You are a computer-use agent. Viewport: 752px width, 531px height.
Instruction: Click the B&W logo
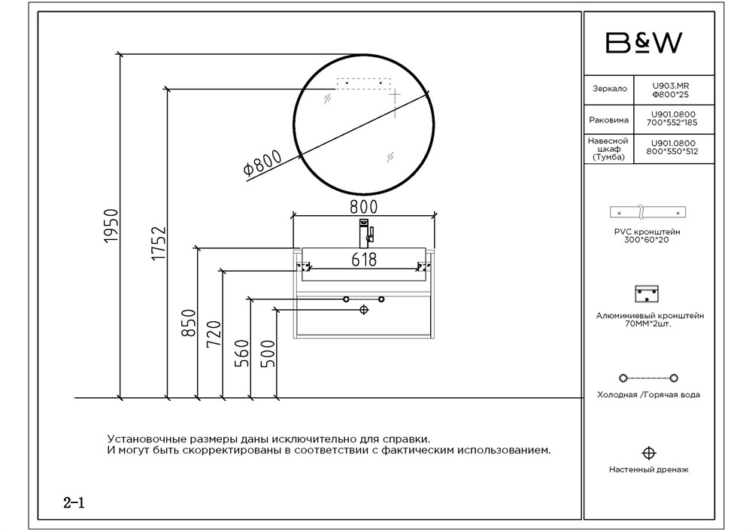[x=644, y=43]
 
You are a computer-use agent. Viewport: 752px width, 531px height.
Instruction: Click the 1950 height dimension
[x=111, y=226]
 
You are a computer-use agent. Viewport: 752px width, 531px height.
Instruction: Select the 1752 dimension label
[x=159, y=243]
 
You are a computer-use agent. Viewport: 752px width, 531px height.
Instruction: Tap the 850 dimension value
[x=189, y=323]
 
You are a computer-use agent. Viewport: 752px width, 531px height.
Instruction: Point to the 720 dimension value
[x=214, y=333]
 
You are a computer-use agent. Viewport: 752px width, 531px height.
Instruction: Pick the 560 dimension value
[x=242, y=353]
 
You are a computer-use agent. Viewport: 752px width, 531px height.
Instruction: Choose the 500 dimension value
[x=268, y=353]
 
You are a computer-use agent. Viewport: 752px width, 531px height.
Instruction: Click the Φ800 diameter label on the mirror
[x=262, y=164]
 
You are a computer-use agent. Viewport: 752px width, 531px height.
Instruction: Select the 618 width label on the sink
[x=364, y=259]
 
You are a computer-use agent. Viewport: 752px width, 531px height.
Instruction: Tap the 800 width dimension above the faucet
[x=363, y=206]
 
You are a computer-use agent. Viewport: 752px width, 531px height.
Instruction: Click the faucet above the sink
[x=366, y=234]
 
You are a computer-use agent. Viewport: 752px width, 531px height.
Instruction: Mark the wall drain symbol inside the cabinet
[x=364, y=310]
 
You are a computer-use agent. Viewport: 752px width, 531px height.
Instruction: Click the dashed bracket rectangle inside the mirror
[x=363, y=84]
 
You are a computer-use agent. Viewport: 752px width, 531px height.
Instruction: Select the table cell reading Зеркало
[x=609, y=90]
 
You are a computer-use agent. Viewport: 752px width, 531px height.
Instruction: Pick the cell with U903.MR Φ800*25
[x=674, y=90]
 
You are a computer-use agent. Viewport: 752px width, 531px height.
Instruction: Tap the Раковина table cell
[x=609, y=120]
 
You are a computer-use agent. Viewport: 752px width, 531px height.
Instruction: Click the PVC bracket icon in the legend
[x=648, y=212]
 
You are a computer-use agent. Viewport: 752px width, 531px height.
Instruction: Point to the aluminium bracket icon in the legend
[x=647, y=294]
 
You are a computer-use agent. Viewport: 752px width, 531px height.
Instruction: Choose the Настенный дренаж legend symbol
[x=648, y=454]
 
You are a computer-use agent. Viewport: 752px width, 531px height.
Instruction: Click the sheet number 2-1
[x=74, y=502]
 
